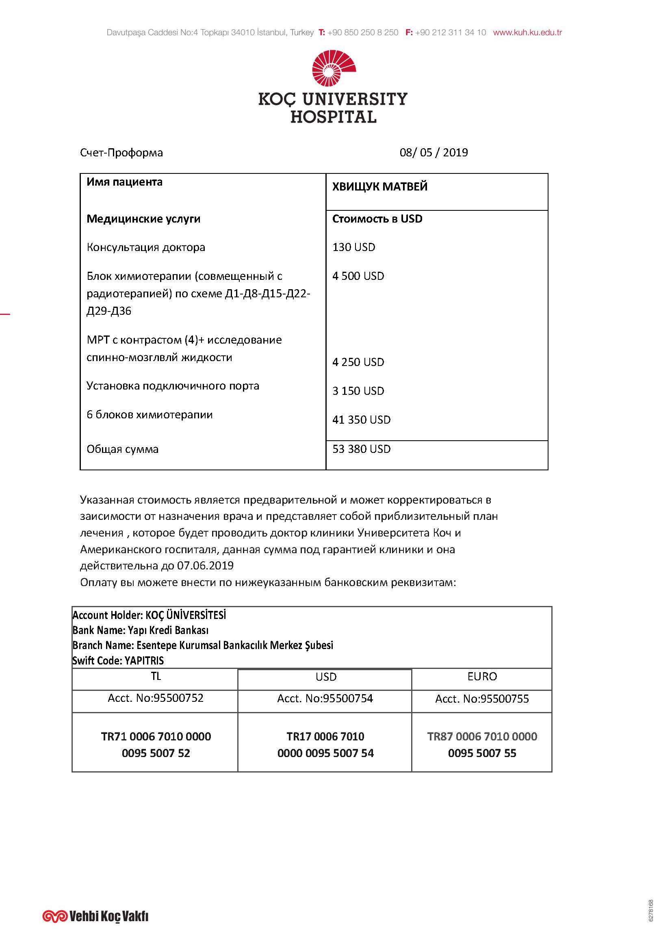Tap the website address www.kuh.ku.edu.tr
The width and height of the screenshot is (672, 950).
(x=527, y=32)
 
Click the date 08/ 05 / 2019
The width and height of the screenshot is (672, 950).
(x=433, y=153)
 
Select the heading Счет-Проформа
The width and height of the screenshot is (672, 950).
(x=121, y=153)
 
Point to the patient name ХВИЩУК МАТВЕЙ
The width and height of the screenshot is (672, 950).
(x=379, y=186)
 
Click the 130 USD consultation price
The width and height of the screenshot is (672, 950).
(x=353, y=247)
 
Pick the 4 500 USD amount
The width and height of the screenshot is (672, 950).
(x=358, y=276)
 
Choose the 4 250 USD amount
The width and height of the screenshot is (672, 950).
(x=358, y=362)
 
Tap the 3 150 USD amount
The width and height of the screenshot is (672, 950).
(x=358, y=391)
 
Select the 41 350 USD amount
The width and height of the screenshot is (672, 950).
(x=361, y=420)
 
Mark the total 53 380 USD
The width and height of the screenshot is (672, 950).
(x=361, y=449)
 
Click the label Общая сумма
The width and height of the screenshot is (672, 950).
(x=122, y=449)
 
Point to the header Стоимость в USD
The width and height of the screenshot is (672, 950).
(x=377, y=219)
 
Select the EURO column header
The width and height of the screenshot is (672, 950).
(x=482, y=677)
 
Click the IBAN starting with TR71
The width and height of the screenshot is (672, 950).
(x=156, y=745)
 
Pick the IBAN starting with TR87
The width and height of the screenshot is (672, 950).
(x=482, y=745)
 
